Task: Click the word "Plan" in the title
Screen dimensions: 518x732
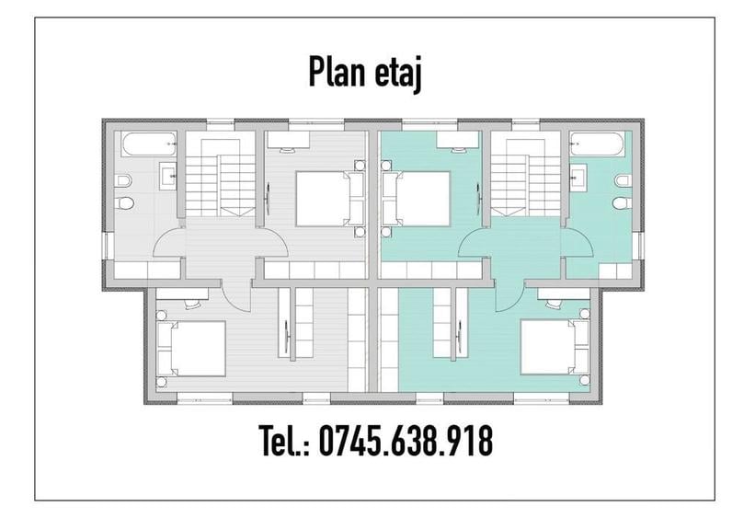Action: (x=337, y=75)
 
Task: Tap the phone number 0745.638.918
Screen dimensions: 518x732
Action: (x=405, y=442)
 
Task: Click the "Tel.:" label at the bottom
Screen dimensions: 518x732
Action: (x=284, y=442)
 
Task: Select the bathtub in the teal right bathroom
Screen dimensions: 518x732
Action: (x=596, y=144)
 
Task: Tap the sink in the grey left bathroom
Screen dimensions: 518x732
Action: (x=168, y=173)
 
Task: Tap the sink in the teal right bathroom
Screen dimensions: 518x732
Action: (x=578, y=173)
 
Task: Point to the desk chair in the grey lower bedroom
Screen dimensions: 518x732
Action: (x=191, y=303)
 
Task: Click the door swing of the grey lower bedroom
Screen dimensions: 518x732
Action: (x=236, y=296)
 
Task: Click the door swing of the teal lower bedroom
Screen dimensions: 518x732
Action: (x=510, y=294)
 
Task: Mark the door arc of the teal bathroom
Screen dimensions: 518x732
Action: (x=579, y=242)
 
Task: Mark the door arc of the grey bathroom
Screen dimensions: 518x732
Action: (x=166, y=242)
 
